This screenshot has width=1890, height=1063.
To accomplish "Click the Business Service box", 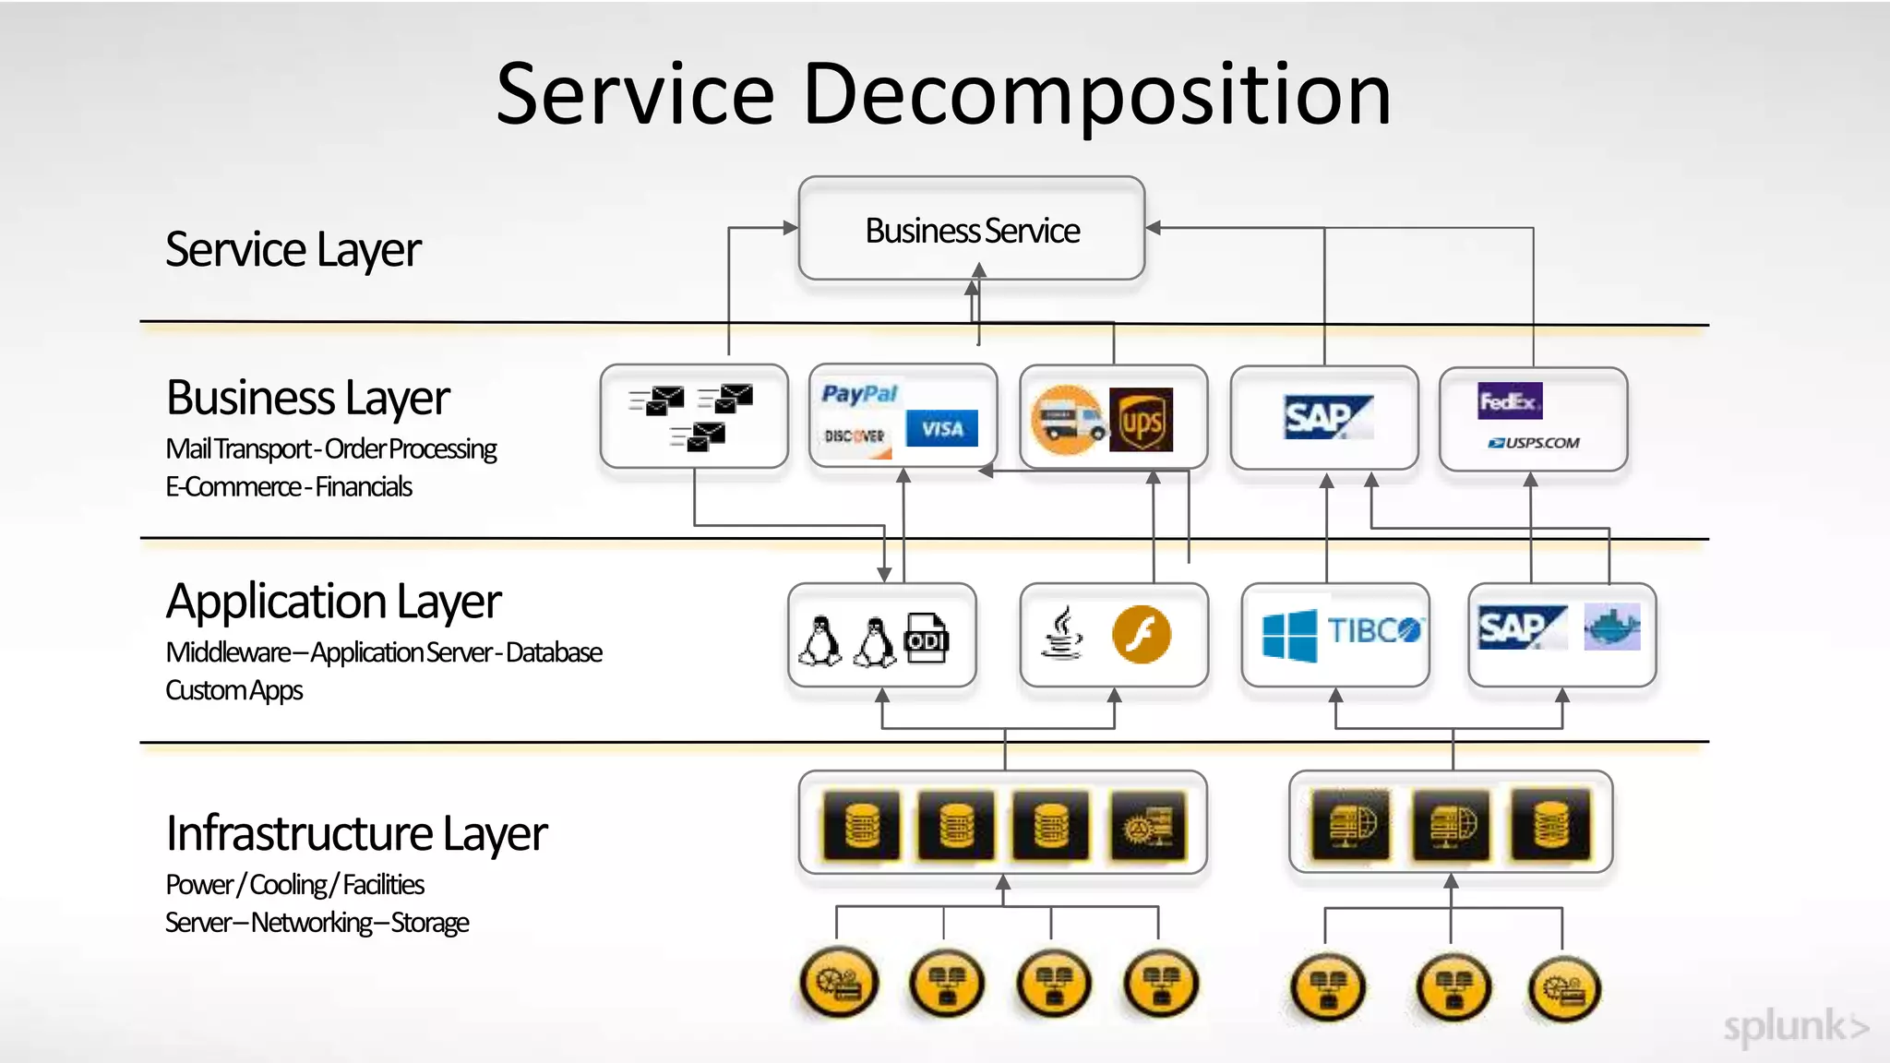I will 971,230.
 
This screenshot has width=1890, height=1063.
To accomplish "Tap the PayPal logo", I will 859,394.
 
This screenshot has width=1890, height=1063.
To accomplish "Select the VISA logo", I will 941,429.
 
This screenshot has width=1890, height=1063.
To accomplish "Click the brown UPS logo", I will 1141,421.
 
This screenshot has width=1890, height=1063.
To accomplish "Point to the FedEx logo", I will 1509,400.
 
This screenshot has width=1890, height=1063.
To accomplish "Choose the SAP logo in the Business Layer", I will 1325,418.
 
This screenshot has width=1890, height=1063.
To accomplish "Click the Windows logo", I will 1289,635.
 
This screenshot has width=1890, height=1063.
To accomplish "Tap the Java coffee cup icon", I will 1062,634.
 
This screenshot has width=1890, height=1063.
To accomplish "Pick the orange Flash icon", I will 1142,635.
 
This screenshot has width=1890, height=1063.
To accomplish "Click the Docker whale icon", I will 1611,627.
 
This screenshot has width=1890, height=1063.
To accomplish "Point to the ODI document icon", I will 927,638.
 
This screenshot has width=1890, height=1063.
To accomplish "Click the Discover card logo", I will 855,436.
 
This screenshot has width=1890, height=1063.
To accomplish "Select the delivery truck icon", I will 1067,421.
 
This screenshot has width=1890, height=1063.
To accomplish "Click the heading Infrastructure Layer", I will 356,833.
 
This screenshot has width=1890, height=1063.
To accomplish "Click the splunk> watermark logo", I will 1794,1026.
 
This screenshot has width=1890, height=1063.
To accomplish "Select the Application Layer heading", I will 333,602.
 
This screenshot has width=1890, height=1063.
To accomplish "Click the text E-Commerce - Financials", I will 288,487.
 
